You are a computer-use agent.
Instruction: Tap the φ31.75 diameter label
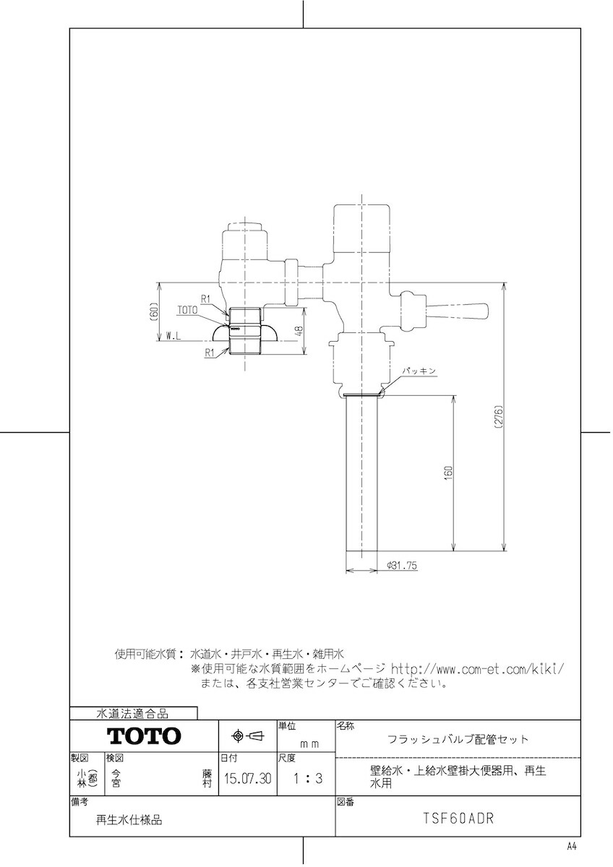point(403,566)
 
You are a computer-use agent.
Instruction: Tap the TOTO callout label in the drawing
point(187,309)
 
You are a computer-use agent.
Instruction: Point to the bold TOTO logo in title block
point(145,736)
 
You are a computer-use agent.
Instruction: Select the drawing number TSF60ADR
point(458,820)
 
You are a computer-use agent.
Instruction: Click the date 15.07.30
point(248,779)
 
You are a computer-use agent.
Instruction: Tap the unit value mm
point(309,743)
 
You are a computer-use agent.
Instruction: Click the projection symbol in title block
point(248,736)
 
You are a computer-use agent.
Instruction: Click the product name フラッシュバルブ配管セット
point(458,739)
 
